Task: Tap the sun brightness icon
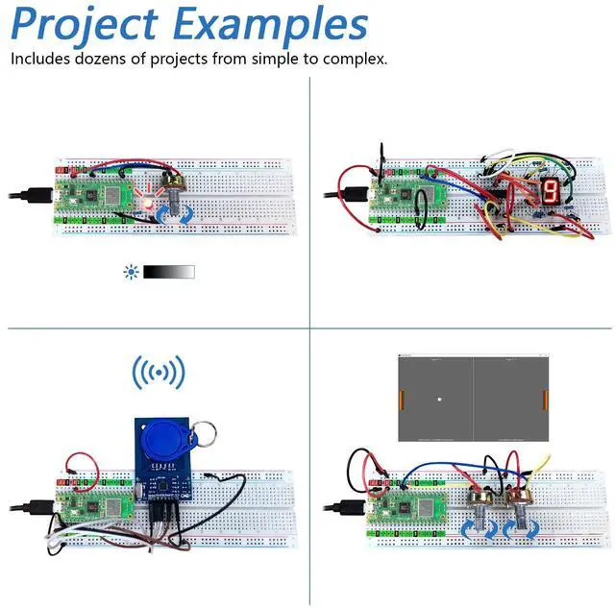(x=131, y=272)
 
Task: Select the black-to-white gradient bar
(x=169, y=272)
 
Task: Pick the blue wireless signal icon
(x=159, y=372)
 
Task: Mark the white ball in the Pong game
(x=439, y=400)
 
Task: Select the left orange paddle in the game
(x=402, y=399)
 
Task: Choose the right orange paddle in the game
(x=545, y=399)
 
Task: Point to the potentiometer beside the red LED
(x=176, y=188)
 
